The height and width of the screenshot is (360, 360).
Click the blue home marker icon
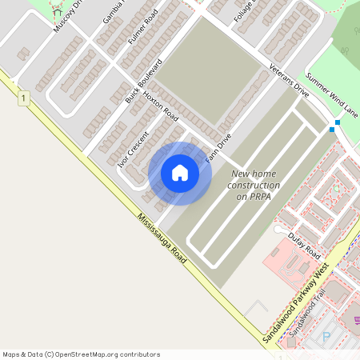[x=180, y=173]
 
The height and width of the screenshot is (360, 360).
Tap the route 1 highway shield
[x=25, y=98]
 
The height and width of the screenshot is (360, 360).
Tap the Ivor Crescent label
[x=133, y=148]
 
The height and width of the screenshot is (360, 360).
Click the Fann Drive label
[x=218, y=149]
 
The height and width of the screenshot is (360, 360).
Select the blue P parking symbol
[x=325, y=338]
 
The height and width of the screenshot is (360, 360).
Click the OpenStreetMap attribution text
[x=81, y=354]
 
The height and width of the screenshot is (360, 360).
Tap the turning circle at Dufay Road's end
[x=278, y=230]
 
